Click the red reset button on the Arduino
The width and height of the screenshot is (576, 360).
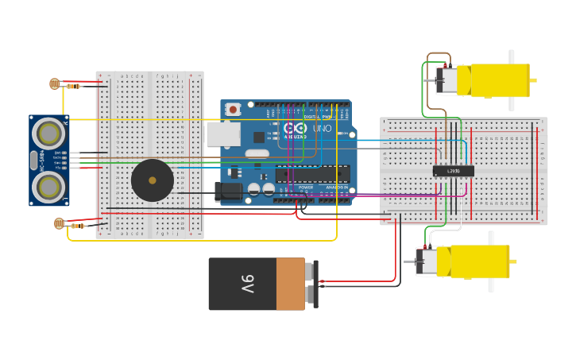click(x=233, y=109)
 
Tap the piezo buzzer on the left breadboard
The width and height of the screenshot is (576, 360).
click(x=152, y=180)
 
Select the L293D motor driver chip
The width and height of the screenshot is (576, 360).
click(x=453, y=171)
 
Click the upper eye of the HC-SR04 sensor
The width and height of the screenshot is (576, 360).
click(x=48, y=132)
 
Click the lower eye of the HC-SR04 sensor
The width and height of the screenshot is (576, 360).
click(x=48, y=187)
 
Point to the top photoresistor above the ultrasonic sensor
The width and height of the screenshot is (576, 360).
click(x=54, y=83)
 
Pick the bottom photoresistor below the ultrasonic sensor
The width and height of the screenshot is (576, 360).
click(x=59, y=224)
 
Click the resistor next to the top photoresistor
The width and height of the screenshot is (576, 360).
click(x=73, y=86)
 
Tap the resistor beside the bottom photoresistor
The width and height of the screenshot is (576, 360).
click(x=77, y=226)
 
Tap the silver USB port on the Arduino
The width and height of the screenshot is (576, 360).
click(x=222, y=134)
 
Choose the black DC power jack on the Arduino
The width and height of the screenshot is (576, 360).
click(x=228, y=192)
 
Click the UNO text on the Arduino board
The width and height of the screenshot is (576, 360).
click(x=322, y=128)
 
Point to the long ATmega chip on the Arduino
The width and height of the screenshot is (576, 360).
click(x=312, y=173)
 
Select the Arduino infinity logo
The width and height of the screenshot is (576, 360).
click(x=294, y=128)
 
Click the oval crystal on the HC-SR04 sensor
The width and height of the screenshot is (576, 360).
click(x=33, y=159)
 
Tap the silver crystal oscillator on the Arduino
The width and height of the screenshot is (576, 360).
click(x=257, y=153)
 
